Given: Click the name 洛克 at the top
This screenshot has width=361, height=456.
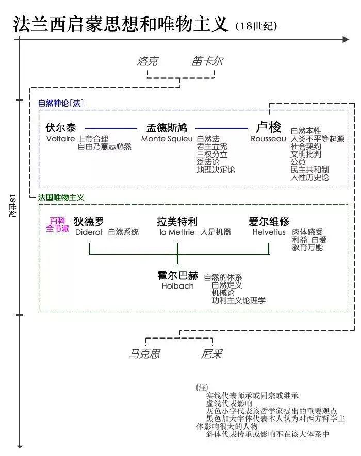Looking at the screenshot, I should click(x=147, y=62).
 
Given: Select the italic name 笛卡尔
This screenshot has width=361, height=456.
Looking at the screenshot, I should click(x=207, y=62).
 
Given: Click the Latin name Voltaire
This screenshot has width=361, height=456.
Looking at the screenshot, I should click(x=60, y=138).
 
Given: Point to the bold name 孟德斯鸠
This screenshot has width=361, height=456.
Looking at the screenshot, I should click(x=167, y=128).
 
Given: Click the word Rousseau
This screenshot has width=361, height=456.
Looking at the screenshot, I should click(x=268, y=138).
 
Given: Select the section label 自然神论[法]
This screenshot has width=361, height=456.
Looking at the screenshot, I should click(x=61, y=103).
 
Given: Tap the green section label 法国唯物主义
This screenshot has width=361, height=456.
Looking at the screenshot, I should click(x=61, y=197).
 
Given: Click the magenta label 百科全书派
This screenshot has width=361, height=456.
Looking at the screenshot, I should click(x=58, y=225).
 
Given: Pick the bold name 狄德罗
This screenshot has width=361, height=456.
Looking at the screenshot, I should click(x=89, y=222).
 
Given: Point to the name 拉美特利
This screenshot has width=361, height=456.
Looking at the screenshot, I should click(x=177, y=222).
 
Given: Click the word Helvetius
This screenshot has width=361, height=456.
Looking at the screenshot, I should click(x=269, y=232).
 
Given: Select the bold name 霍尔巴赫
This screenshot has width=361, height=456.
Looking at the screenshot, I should click(x=178, y=276).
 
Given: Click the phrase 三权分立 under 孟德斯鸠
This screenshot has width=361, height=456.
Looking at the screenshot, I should click(x=212, y=154).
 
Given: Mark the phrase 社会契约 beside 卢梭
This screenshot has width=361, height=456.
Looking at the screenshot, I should click(x=306, y=146).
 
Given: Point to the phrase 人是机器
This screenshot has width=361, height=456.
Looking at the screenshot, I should click(x=216, y=232).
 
